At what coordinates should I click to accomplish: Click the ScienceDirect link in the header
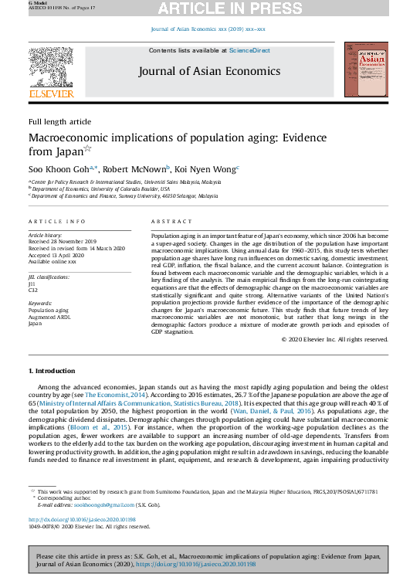tap(249, 50)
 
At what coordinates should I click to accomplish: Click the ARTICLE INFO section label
tap(57, 221)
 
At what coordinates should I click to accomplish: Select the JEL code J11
tap(32, 283)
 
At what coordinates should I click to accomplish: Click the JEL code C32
tap(33, 290)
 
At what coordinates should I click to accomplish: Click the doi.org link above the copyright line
tap(81, 519)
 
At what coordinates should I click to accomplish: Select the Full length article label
tap(59, 122)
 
